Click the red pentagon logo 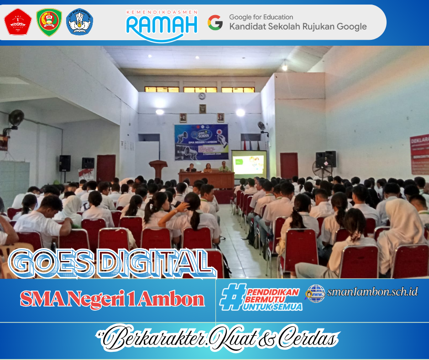click(x=18, y=21)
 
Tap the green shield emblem click(x=49, y=22)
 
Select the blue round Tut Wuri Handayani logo click(x=80, y=22)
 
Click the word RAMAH click(x=162, y=25)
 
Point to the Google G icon click(x=215, y=22)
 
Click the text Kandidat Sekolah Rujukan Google click(x=298, y=26)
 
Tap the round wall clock click(x=202, y=96)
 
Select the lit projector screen click(x=249, y=164)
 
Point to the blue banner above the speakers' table click(x=201, y=142)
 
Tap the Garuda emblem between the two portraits click(x=202, y=109)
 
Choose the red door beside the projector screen click(x=288, y=165)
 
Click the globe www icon click(x=315, y=293)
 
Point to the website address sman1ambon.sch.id click(x=372, y=291)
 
